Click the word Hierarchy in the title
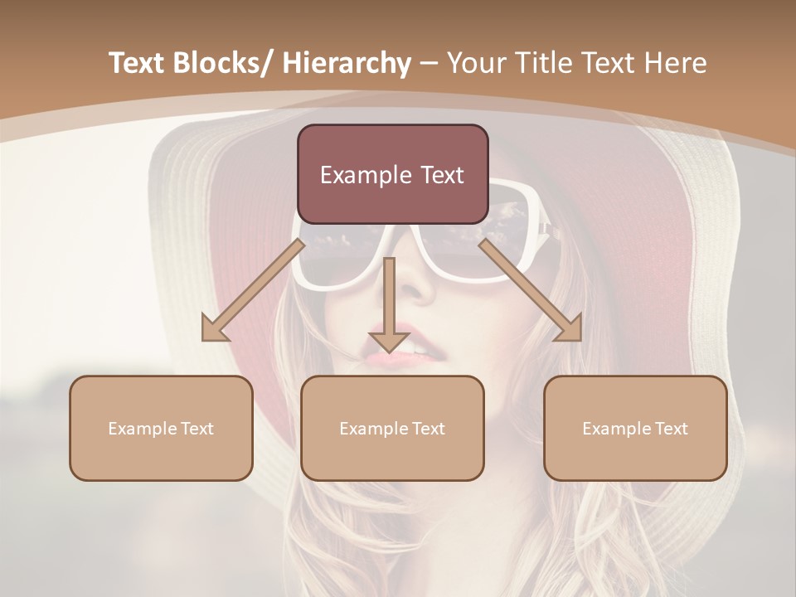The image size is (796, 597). pyautogui.click(x=347, y=63)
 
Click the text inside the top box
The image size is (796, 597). pyautogui.click(x=392, y=175)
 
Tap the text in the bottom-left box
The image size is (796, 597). pyautogui.click(x=161, y=429)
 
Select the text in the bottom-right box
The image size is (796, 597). pyautogui.click(x=635, y=429)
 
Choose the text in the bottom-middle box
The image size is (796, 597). pyautogui.click(x=392, y=429)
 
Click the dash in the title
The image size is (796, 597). pyautogui.click(x=429, y=63)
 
